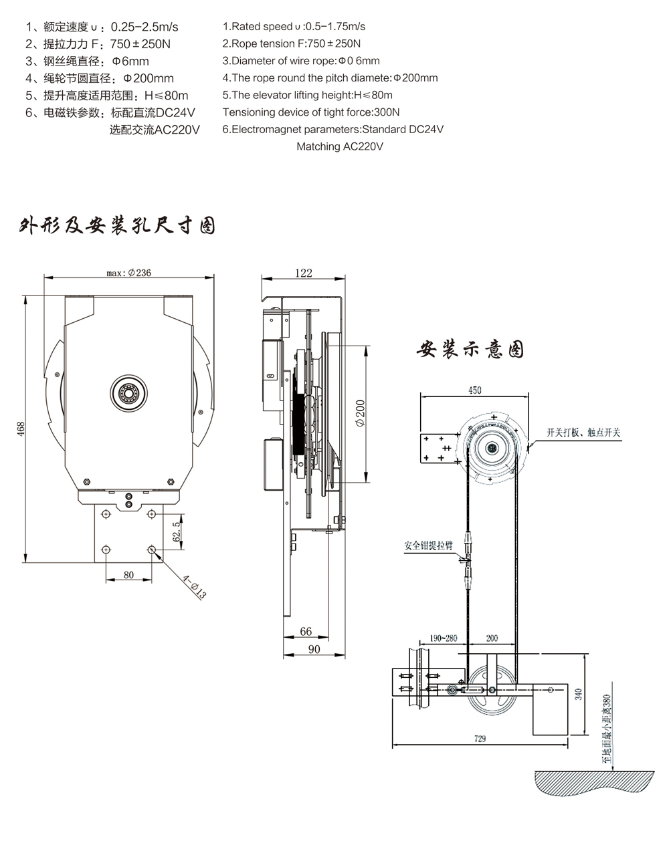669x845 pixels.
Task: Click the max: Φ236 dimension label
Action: [129, 272]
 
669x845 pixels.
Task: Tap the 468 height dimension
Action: [21, 427]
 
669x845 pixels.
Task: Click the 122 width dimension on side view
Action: [303, 272]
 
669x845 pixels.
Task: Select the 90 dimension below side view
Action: [314, 648]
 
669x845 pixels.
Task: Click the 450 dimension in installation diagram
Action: [474, 390]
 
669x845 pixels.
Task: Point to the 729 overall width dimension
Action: [479, 739]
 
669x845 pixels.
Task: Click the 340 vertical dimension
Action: [579, 695]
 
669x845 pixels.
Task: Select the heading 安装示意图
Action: [470, 349]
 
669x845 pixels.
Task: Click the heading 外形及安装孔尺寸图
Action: [117, 226]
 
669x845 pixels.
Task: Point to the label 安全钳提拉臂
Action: [428, 545]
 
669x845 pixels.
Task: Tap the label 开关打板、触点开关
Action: [583, 433]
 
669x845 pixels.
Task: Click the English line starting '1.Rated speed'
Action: [294, 27]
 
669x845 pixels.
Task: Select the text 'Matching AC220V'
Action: [340, 146]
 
